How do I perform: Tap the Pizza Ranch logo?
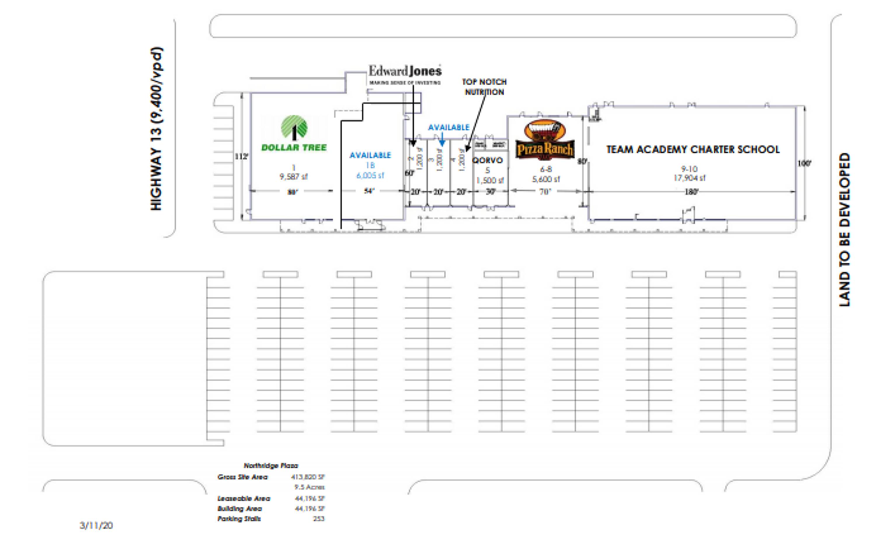[x=545, y=140]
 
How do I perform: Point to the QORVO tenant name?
[x=487, y=160]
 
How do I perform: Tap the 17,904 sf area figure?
[x=689, y=178]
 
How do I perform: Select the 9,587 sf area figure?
[x=293, y=177]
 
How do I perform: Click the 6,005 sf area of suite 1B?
[x=370, y=176]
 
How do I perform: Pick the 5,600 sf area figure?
[x=546, y=179]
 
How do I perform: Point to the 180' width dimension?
[x=691, y=192]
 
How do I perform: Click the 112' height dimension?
[x=241, y=156]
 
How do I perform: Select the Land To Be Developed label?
[x=844, y=230]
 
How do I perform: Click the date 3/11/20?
[x=96, y=525]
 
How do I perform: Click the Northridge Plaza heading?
[x=271, y=466]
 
